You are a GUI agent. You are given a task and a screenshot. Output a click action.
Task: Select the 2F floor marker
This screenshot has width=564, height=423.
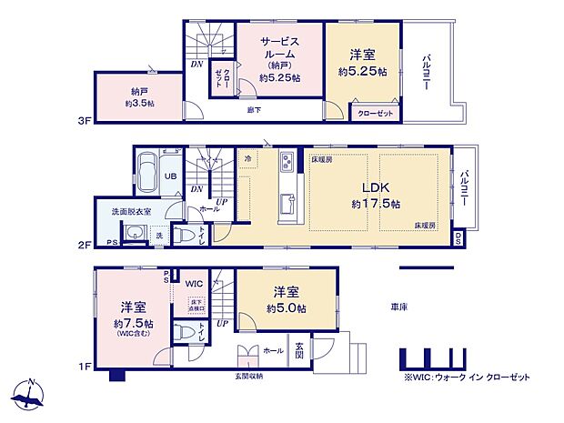(x=83, y=245)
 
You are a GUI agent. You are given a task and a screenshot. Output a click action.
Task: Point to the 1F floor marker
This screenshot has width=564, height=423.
(x=83, y=367)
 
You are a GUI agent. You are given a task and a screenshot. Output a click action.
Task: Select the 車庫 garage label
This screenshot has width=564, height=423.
(x=398, y=306)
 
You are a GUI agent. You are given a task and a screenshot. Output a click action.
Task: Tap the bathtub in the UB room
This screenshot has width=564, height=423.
(x=146, y=171)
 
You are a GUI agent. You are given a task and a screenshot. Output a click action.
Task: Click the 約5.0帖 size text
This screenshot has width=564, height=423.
(x=287, y=309)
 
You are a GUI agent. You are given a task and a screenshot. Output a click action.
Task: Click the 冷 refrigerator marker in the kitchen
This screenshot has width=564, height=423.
(x=248, y=158)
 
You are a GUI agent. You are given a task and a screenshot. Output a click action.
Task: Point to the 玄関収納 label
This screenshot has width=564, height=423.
(x=248, y=376)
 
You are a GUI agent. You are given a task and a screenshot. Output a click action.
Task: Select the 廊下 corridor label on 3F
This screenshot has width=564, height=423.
(x=255, y=111)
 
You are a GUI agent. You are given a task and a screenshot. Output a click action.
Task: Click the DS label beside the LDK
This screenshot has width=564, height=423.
(x=458, y=239)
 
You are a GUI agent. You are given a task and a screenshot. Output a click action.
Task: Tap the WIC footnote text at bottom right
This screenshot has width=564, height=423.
(x=471, y=376)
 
